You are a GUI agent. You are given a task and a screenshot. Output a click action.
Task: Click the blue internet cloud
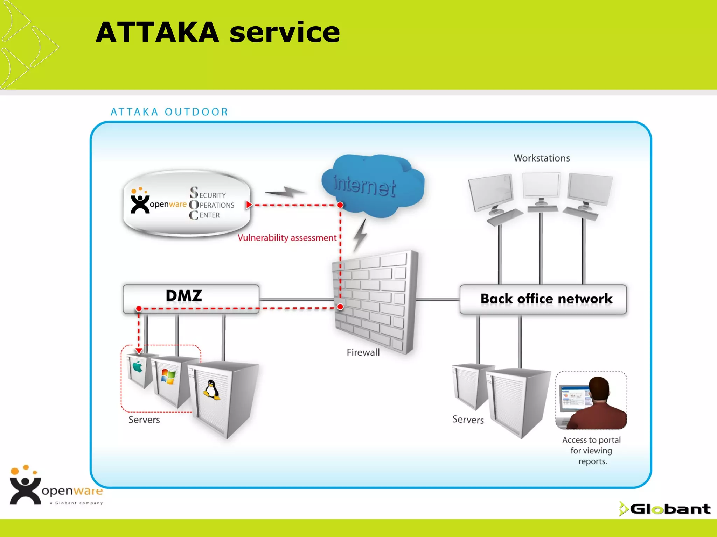coord(373,185)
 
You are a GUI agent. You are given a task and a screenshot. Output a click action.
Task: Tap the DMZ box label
coord(184,296)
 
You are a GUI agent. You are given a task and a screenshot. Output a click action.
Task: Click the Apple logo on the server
coord(137,367)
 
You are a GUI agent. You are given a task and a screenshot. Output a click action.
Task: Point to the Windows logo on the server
coord(168,377)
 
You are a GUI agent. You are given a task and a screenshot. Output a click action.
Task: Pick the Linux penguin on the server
coord(212,390)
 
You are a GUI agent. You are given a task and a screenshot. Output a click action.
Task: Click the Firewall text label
coord(363,352)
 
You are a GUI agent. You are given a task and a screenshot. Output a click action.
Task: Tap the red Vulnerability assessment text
coord(287,238)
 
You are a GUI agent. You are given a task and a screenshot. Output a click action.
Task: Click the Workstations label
coord(542,158)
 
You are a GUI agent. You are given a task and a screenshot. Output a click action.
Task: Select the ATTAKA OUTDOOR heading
coord(169,112)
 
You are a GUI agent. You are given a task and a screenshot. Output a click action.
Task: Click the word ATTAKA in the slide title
coord(158,32)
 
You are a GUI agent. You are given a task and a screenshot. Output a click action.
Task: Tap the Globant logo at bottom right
coord(665,509)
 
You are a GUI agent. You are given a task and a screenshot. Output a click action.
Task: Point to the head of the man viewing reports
coord(599,389)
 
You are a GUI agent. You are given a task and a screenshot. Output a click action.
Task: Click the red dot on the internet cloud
coord(340,205)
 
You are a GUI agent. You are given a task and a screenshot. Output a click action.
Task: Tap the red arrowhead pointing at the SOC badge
coord(249,205)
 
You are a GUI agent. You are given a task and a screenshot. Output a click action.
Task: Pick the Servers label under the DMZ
coord(144,420)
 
